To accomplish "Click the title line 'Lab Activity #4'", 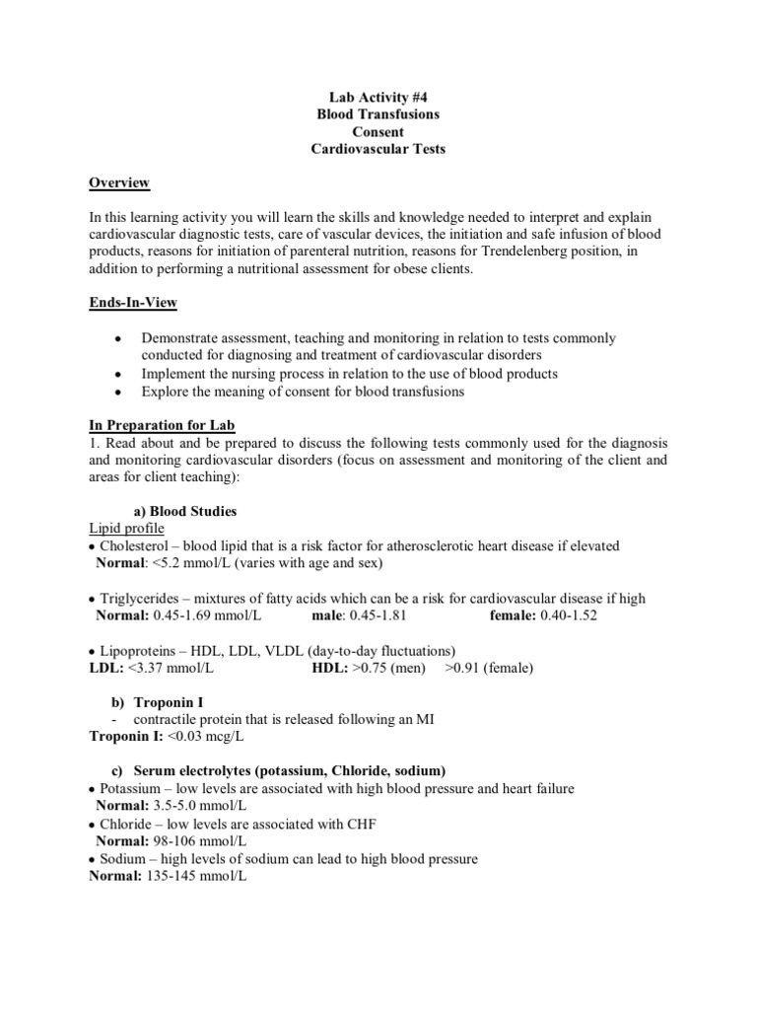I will pyautogui.click(x=378, y=97).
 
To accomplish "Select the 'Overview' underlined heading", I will pyautogui.click(x=119, y=182).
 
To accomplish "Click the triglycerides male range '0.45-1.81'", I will pyautogui.click(x=376, y=615).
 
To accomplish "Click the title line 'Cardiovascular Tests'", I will pyautogui.click(x=378, y=149).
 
